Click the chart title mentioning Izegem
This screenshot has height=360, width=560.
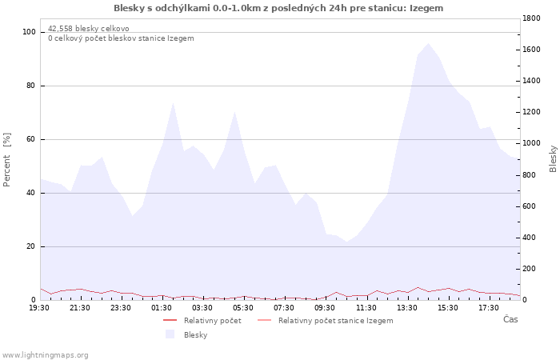coord(278,8)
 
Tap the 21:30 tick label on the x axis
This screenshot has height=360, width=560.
coord(80,307)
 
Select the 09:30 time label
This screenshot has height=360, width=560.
coord(325,307)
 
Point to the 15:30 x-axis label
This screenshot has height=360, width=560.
coord(447,307)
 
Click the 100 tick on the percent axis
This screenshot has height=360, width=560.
coord(30,32)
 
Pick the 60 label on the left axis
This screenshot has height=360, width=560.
coord(32,139)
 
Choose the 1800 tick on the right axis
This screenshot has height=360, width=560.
coord(534,18)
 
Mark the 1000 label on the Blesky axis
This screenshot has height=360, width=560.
coord(534,143)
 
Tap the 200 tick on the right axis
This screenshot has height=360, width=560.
coord(531,269)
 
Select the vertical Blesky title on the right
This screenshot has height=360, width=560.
coord(553,158)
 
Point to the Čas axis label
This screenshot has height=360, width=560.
coord(510,320)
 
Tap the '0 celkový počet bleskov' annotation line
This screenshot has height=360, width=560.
coord(120,38)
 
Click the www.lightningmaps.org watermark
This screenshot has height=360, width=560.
coord(45,354)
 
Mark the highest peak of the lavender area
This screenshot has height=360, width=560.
coord(428,43)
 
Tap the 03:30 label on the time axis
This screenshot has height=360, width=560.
coord(202,307)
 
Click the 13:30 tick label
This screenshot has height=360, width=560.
coord(406,307)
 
